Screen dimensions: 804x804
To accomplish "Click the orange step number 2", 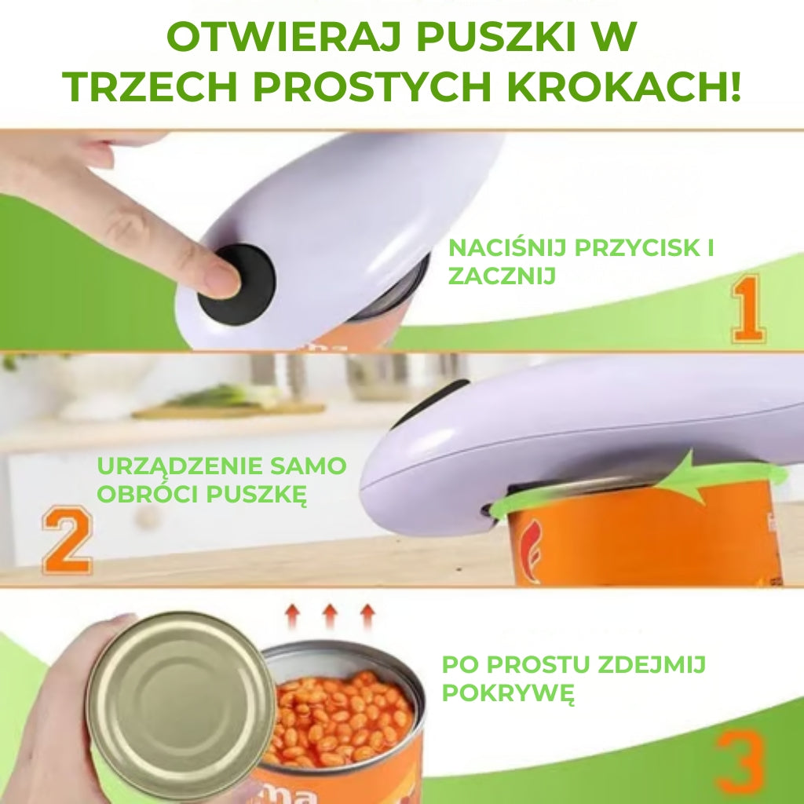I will (x=67, y=541).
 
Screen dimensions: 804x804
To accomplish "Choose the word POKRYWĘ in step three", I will (x=507, y=693).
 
